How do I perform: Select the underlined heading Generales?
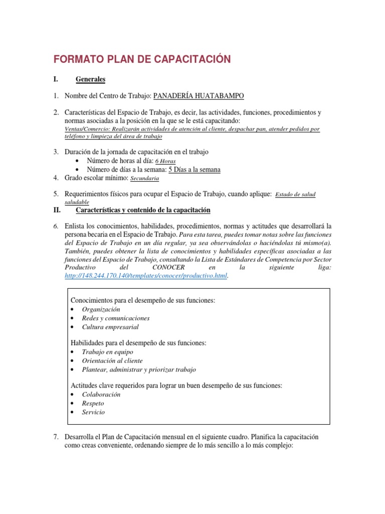pos(90,79)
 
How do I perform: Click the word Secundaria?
pos(144,178)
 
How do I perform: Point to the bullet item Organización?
pos(101,309)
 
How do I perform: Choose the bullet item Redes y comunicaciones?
pos(116,318)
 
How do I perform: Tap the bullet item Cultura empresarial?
pos(110,327)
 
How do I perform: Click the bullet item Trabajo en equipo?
pos(107,352)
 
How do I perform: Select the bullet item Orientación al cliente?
pos(112,360)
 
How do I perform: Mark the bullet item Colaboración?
pos(101,395)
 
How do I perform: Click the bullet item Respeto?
pos(93,403)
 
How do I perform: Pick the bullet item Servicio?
pos(94,412)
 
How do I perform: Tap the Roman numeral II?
pos(57,210)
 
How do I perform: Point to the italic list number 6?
pos(57,227)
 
